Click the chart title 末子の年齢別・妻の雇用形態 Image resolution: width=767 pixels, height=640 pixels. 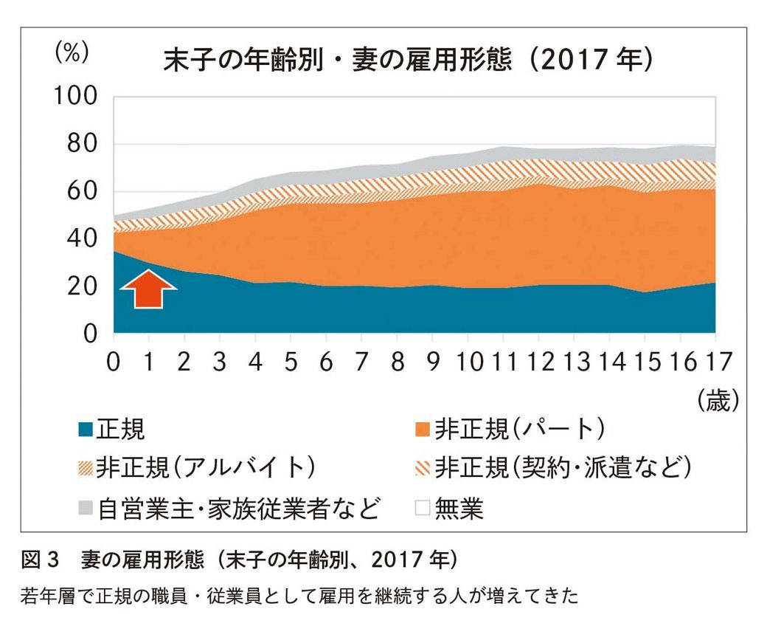[336, 60]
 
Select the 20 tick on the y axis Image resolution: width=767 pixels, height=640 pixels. [80, 286]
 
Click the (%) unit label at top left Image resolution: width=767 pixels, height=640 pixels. [72, 53]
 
